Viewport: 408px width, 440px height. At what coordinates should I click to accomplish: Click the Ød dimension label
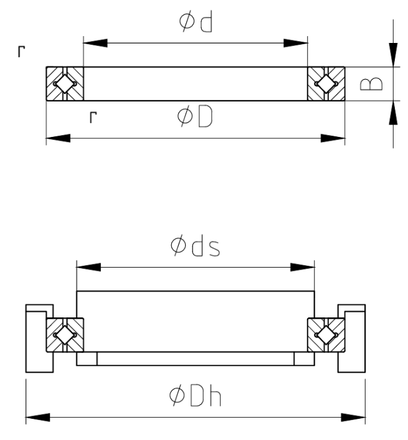click(x=196, y=21)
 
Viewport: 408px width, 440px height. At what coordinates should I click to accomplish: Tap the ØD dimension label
click(x=195, y=116)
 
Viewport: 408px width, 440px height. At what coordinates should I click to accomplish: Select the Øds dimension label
click(x=195, y=246)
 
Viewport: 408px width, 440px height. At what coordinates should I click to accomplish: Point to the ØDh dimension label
click(x=195, y=396)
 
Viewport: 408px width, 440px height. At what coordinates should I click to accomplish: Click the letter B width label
click(x=371, y=83)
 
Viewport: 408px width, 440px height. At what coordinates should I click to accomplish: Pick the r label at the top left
click(x=21, y=52)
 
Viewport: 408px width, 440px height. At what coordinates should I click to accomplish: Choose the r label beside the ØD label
click(x=93, y=117)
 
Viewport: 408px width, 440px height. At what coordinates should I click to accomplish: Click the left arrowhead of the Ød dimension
click(x=95, y=43)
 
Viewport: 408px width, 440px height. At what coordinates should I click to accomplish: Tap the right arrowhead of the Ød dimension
click(x=296, y=43)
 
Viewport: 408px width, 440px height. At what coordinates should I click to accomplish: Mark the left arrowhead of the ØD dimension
click(x=58, y=138)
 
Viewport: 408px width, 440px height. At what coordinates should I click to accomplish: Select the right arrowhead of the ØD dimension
click(x=333, y=138)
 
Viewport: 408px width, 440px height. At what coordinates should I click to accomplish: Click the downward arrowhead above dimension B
click(x=393, y=55)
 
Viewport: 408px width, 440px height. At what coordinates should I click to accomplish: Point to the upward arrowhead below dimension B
click(x=393, y=112)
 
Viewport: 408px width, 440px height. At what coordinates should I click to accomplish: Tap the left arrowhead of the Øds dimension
click(x=88, y=267)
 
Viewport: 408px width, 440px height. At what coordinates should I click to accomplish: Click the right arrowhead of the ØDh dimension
click(x=353, y=417)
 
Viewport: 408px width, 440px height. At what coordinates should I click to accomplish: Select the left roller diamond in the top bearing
click(x=65, y=83)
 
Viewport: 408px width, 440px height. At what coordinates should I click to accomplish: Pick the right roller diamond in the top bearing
click(x=326, y=83)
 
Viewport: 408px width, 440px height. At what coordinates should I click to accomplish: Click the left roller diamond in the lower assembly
click(x=65, y=335)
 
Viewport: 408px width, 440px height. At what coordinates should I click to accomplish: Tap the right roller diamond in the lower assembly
click(x=326, y=335)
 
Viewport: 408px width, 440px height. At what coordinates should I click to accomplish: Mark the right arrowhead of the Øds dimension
click(x=303, y=267)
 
